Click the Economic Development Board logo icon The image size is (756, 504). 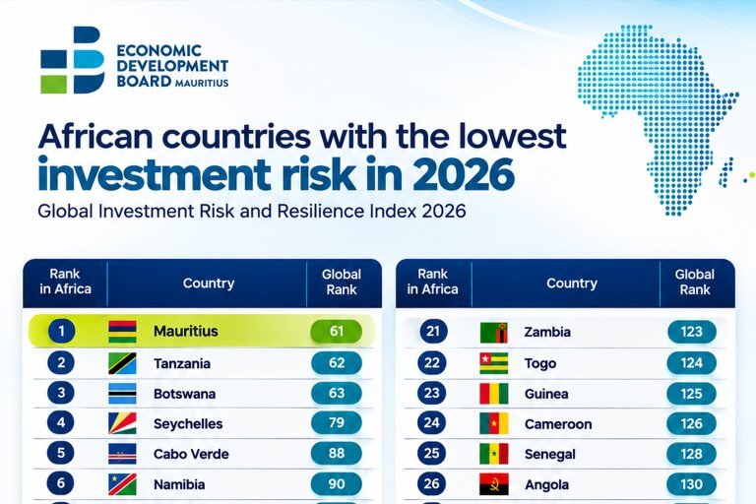(72, 60)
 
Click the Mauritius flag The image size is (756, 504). (122, 332)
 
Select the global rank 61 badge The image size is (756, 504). (336, 332)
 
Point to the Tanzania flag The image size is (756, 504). (122, 363)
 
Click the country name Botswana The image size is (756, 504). (185, 394)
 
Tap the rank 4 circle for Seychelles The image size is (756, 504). (61, 422)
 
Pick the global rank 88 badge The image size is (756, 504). (336, 454)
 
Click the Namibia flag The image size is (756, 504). (122, 484)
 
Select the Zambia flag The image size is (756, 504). (494, 333)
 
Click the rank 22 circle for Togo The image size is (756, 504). (431, 363)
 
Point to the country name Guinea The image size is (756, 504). (546, 394)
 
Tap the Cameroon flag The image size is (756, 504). (494, 424)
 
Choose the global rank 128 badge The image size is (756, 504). (691, 454)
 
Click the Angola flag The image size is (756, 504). (494, 484)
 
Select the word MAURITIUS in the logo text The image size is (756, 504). (202, 83)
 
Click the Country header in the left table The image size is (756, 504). (209, 283)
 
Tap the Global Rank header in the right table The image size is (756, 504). (695, 283)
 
